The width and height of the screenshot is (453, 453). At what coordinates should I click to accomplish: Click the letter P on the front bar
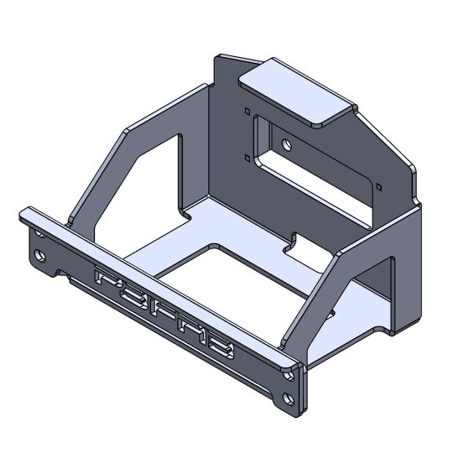pos(107,279)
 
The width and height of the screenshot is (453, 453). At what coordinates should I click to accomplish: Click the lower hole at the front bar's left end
pos(39,254)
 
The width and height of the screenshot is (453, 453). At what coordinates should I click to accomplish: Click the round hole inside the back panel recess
pos(288,144)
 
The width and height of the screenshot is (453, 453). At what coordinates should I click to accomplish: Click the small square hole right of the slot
pos(379,184)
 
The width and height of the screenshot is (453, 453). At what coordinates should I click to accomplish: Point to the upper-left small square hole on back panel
pos(247,110)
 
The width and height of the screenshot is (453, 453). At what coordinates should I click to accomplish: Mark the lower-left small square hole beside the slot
pos(247,157)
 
